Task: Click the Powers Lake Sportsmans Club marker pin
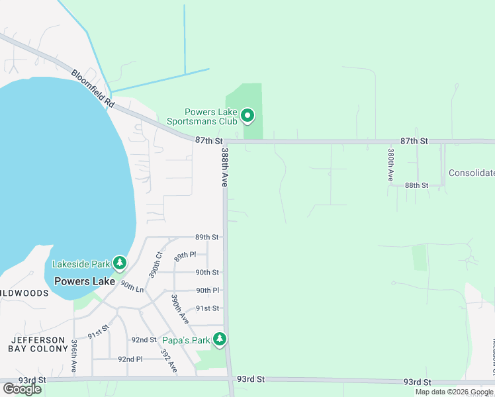pos(247,116)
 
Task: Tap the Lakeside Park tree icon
pos(120,263)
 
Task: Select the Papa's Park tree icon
pos(220,340)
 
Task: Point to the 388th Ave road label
pos(225,167)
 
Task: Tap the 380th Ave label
pos(391,165)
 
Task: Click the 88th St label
pos(417,185)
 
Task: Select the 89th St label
pos(206,237)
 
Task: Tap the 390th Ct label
pos(157,265)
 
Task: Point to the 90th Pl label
pos(207,290)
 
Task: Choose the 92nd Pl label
pos(130,359)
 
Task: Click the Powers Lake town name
pos(85,281)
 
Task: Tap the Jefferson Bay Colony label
pos(37,345)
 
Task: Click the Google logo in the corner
pos(22,388)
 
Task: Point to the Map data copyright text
pos(454,392)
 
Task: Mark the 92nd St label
pos(143,339)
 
